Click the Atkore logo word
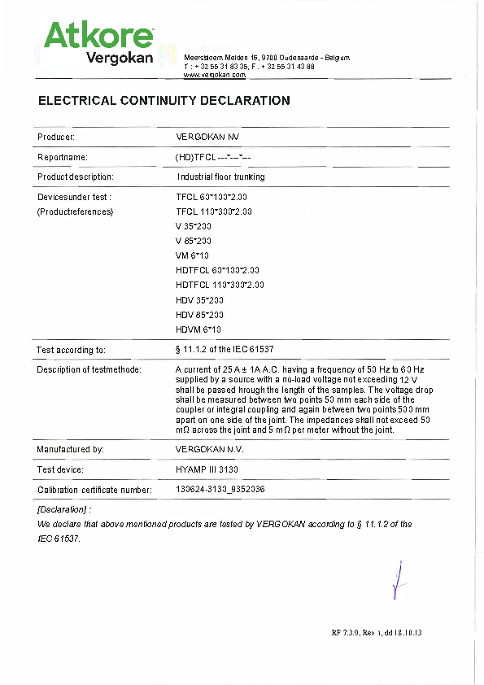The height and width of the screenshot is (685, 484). coord(98,36)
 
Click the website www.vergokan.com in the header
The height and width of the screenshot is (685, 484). coord(215,74)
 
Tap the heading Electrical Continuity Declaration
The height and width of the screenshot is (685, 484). coord(164,101)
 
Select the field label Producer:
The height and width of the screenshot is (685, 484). coord(56,137)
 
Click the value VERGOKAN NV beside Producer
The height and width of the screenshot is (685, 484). coord(207,137)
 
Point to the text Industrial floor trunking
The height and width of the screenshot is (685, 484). coord(220,177)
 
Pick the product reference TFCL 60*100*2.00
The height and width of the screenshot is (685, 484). coord(211,197)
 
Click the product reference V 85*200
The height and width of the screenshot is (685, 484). coord(194,241)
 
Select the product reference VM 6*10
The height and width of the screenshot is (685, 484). coord(193,255)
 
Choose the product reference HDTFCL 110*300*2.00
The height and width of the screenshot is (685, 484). coord(220,285)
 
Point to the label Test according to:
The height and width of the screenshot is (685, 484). coord(71,350)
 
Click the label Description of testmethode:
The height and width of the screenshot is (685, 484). coord(89,369)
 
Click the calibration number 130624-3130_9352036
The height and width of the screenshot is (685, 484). coord(220,490)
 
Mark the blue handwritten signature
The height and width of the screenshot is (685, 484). coord(396,580)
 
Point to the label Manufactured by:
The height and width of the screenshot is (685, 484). coord(70,449)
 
